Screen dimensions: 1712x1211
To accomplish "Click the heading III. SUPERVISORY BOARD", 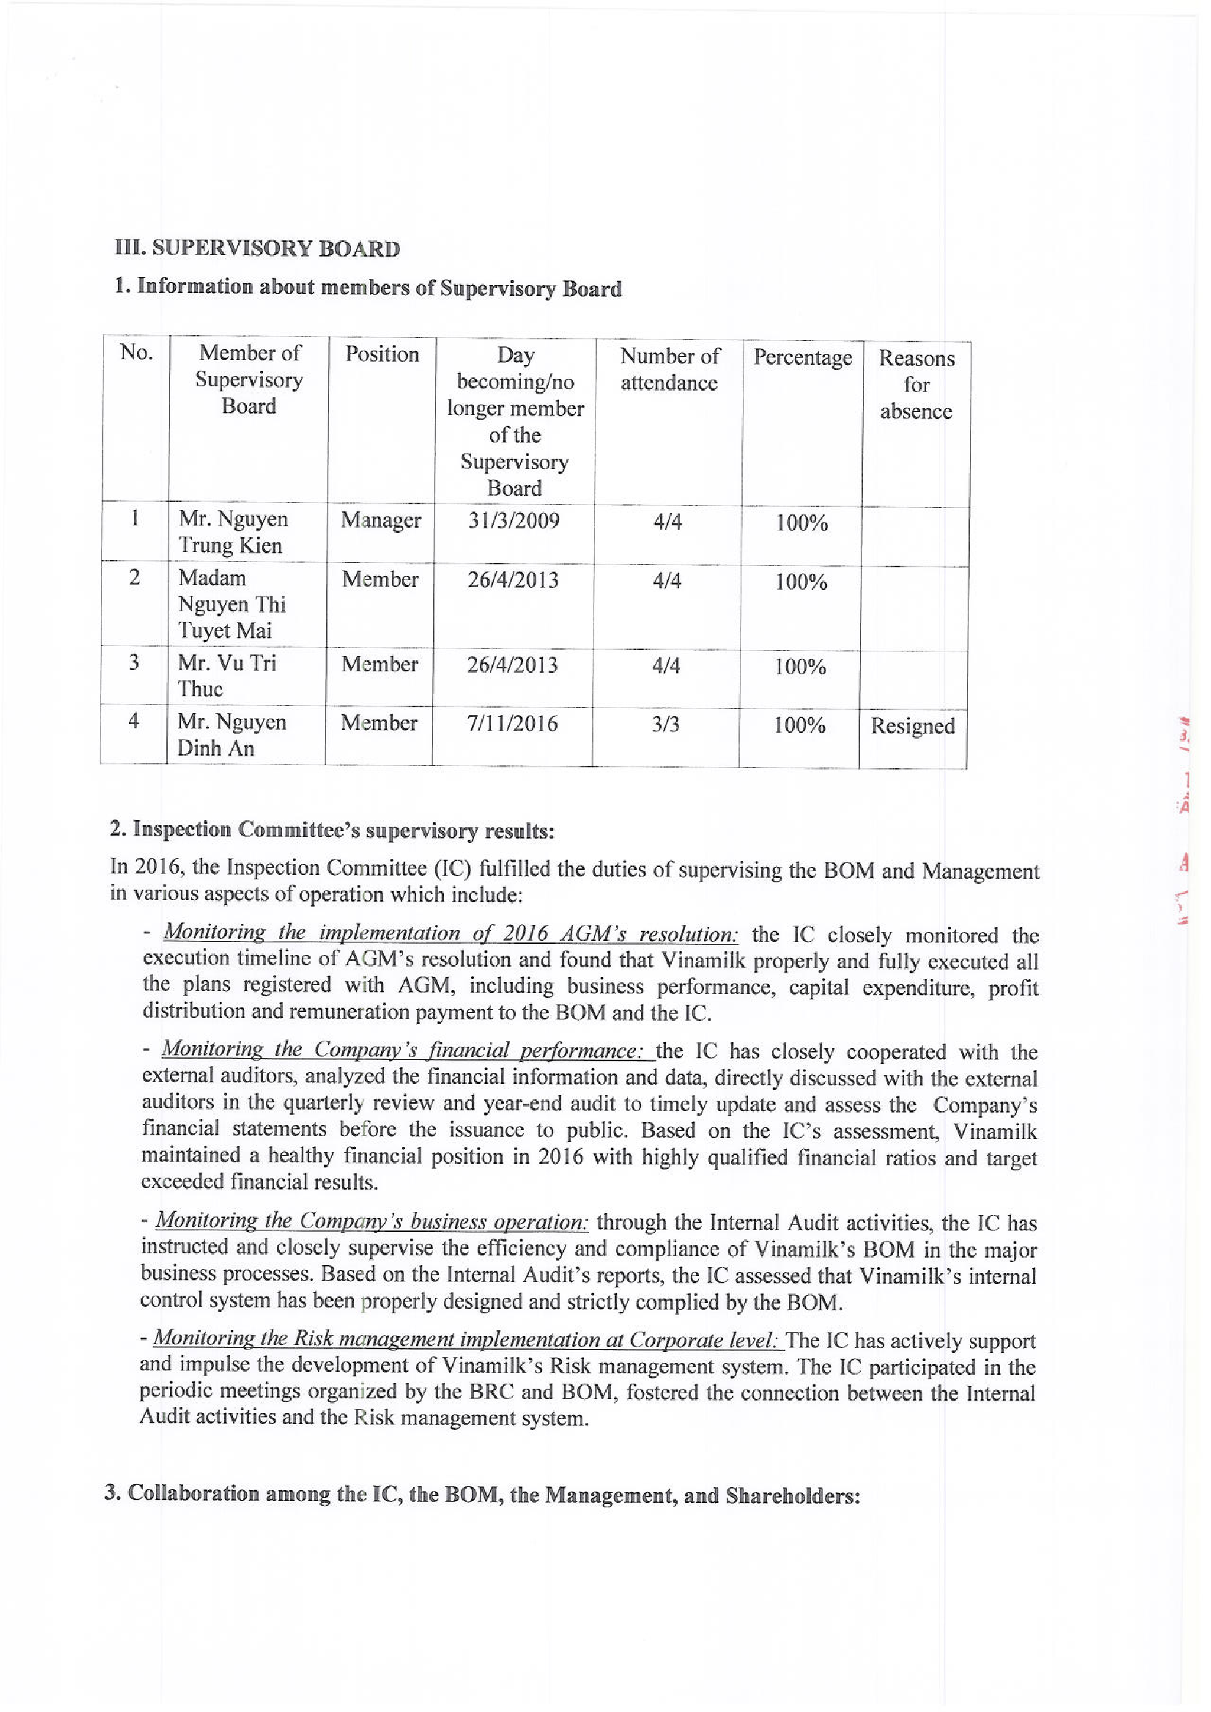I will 257,248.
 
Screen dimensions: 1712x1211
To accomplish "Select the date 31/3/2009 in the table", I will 513,520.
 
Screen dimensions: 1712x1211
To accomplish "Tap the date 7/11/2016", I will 512,723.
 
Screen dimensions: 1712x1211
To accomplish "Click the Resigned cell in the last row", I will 912,726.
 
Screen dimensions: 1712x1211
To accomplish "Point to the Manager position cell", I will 381,520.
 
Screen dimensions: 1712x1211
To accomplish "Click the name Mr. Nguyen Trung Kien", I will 232,532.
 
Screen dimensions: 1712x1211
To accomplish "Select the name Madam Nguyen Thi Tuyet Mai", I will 232,604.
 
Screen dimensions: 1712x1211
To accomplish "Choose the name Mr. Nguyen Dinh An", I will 231,735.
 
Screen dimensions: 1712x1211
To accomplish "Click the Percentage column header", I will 801,358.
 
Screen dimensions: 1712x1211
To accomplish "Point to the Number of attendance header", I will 669,369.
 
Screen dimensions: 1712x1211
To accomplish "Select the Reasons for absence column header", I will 916,385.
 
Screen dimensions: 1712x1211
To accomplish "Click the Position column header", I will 382,353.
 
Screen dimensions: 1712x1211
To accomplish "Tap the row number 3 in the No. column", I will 133,663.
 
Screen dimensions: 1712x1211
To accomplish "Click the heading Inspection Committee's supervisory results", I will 331,830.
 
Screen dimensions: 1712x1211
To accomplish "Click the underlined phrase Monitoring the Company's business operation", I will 372,1221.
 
